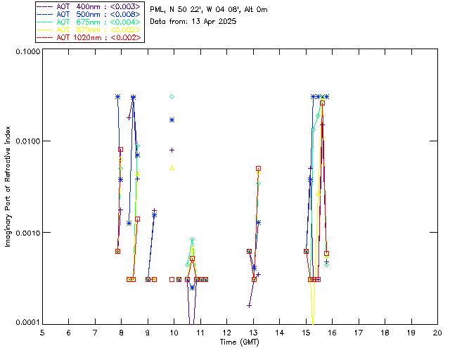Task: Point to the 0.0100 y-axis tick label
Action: [26, 142]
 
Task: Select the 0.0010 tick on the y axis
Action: [26, 233]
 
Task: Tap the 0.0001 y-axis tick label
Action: [26, 323]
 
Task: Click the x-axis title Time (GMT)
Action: [240, 342]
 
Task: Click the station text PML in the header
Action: [158, 10]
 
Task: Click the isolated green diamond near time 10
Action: [172, 96]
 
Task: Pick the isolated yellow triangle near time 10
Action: [172, 168]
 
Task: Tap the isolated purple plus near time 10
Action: [172, 150]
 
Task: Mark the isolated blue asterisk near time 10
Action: [172, 120]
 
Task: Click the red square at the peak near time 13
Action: [259, 169]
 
